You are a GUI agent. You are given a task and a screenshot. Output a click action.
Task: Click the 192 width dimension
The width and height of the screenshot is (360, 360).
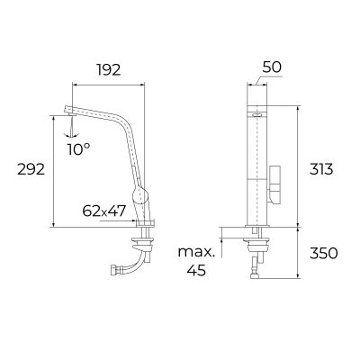109,67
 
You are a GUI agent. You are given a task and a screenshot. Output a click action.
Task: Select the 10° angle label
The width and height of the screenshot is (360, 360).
78,148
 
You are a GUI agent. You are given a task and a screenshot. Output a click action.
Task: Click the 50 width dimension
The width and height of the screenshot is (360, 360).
273,67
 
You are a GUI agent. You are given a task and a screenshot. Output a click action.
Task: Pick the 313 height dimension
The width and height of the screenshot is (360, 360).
320,168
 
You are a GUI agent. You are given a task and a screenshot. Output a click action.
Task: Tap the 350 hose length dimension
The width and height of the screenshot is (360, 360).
321,253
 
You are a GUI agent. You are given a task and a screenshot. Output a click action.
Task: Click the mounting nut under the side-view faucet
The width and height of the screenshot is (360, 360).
143,240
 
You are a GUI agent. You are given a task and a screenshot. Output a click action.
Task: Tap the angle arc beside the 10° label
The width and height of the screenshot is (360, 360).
69,132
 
